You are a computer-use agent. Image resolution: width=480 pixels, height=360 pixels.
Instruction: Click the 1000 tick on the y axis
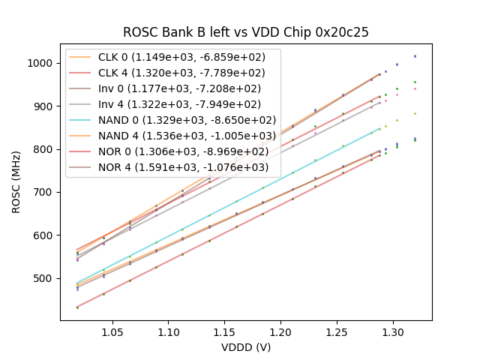pos(43,64)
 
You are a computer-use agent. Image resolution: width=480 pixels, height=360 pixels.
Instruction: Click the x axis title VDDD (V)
pos(246,346)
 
